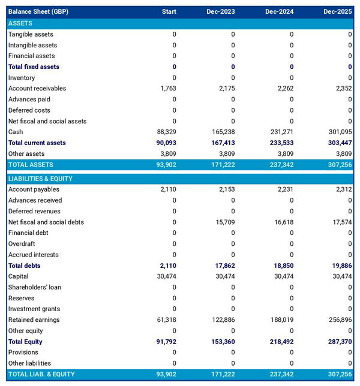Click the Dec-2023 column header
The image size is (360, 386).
(220, 11)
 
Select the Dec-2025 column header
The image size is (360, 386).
(338, 11)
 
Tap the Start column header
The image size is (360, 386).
(169, 11)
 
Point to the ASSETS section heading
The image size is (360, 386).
(20, 23)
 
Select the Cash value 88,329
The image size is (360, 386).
(163, 132)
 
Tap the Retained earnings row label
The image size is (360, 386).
(34, 319)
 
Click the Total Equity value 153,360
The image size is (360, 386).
(221, 342)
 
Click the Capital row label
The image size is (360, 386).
(19, 276)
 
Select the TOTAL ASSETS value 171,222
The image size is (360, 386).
(221, 164)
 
